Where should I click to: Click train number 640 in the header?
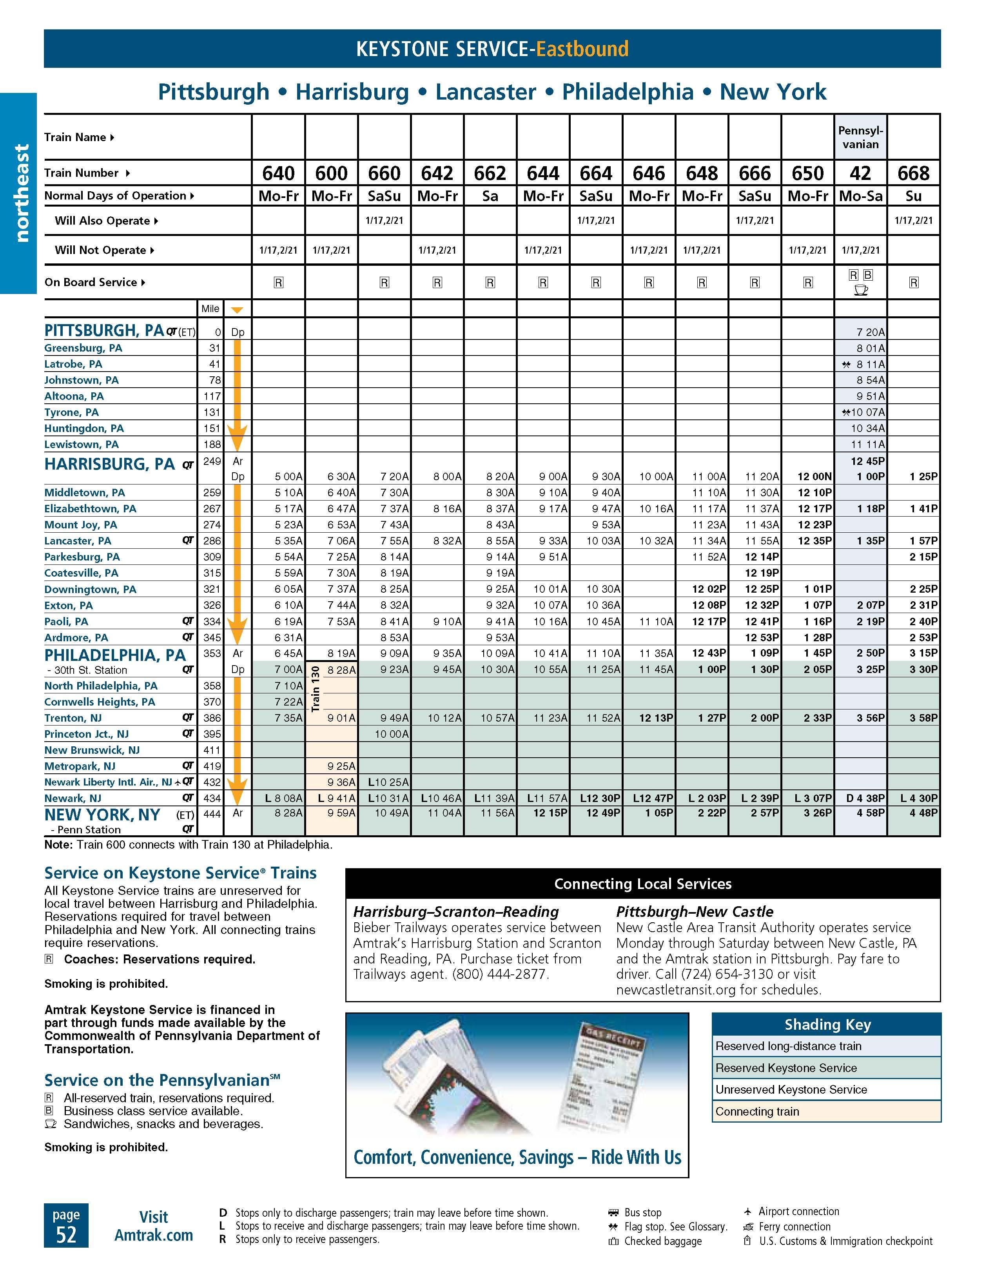[278, 173]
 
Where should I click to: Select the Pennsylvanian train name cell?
[860, 137]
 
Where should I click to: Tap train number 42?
[860, 173]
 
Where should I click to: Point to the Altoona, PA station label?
[74, 396]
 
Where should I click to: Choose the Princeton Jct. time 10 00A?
[391, 734]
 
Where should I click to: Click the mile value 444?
[212, 813]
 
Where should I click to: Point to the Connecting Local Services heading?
[642, 884]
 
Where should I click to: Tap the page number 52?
[66, 1234]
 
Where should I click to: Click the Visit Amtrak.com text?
[153, 1226]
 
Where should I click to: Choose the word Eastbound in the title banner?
[582, 49]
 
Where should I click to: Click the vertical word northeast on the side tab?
[21, 193]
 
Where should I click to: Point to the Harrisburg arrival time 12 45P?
[867, 461]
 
